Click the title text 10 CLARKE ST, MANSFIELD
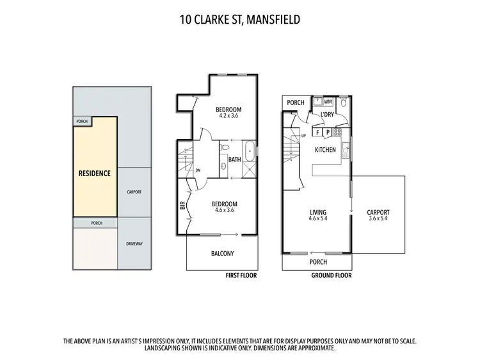pyautogui.click(x=239, y=19)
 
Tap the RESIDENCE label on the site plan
pyautogui.click(x=94, y=173)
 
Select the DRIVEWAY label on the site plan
pyautogui.click(x=134, y=243)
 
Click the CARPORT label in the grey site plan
pyautogui.click(x=134, y=192)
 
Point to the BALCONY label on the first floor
pyautogui.click(x=222, y=253)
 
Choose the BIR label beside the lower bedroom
pyautogui.click(x=182, y=206)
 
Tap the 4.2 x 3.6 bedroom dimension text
pyautogui.click(x=228, y=116)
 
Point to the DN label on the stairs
pyautogui.click(x=198, y=170)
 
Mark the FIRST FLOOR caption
pyautogui.click(x=241, y=276)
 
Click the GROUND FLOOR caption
pyautogui.click(x=330, y=276)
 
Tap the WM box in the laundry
pyautogui.click(x=328, y=102)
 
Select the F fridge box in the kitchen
pyautogui.click(x=317, y=132)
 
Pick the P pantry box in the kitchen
pyautogui.click(x=328, y=132)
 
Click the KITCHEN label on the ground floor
pyautogui.click(x=325, y=149)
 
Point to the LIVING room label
pyautogui.click(x=318, y=212)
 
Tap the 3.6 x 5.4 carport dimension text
pyautogui.click(x=378, y=218)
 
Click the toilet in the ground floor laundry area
pyautogui.click(x=344, y=102)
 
